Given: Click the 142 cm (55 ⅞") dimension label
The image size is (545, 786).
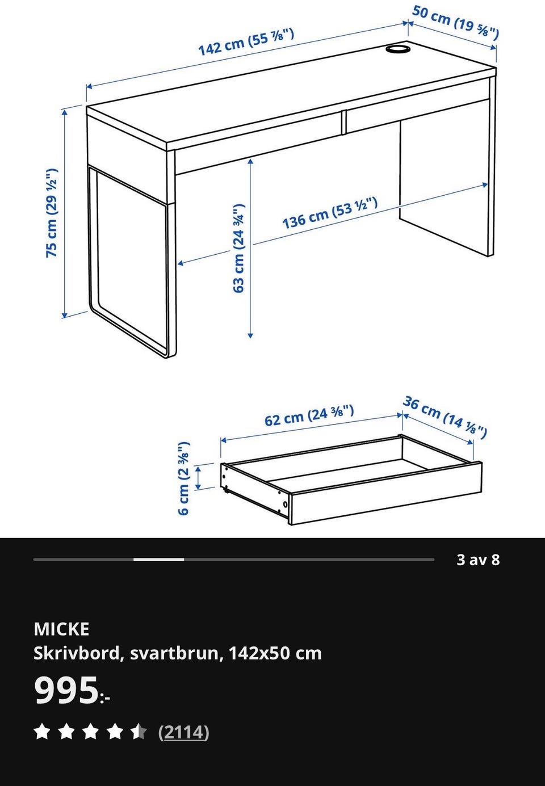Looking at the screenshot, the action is [246, 42].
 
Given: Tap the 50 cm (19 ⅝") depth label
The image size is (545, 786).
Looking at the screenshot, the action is [455, 21].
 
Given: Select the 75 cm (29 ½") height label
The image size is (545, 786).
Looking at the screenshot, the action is [52, 213].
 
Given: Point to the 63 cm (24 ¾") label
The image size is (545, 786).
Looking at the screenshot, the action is [238, 248].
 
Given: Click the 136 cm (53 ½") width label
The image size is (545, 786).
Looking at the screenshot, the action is [330, 213].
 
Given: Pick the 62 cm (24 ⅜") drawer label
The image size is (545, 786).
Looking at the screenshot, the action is [309, 415].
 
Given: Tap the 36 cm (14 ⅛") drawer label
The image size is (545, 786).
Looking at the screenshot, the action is [445, 417].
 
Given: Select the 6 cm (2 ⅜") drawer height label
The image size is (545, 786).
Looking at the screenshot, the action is [184, 478].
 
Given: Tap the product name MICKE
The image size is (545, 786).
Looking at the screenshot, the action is [61, 629].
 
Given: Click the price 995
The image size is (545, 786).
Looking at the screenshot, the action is [66, 691].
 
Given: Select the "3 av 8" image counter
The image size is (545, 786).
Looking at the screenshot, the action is [478, 560].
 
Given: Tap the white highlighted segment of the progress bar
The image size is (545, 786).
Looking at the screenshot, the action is [158, 560].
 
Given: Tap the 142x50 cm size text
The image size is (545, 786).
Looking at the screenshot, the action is [275, 653].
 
